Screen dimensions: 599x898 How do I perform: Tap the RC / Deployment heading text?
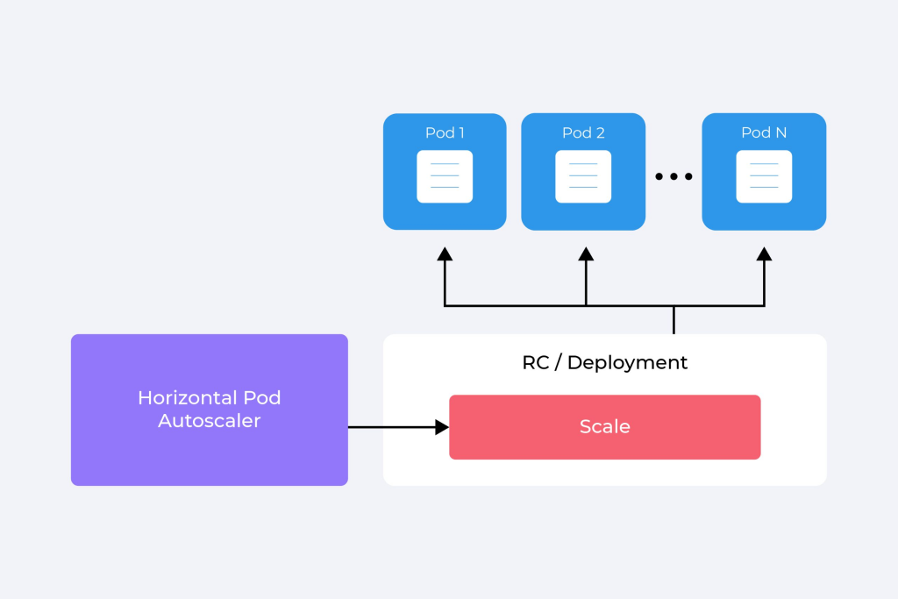[604, 362]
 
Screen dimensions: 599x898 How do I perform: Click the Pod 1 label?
[445, 132]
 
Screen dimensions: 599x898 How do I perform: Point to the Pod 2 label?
[583, 132]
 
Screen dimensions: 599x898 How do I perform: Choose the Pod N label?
[764, 132]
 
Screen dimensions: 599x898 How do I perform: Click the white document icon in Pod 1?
[445, 176]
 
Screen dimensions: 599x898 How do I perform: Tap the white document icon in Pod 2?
[583, 176]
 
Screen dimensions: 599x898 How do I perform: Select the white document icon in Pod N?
[764, 176]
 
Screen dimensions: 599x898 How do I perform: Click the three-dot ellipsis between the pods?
[673, 176]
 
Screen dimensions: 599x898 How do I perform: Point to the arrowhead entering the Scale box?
[442, 427]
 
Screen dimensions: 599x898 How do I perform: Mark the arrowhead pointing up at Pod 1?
[445, 254]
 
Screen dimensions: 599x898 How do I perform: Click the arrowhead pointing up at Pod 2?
[586, 254]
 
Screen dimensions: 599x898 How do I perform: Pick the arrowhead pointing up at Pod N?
[764, 254]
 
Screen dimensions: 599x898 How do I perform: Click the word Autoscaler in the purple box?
[209, 421]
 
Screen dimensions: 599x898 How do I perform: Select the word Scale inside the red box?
[604, 427]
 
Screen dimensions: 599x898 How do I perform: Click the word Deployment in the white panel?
[627, 362]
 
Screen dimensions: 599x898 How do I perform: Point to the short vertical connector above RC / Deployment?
[673, 320]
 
